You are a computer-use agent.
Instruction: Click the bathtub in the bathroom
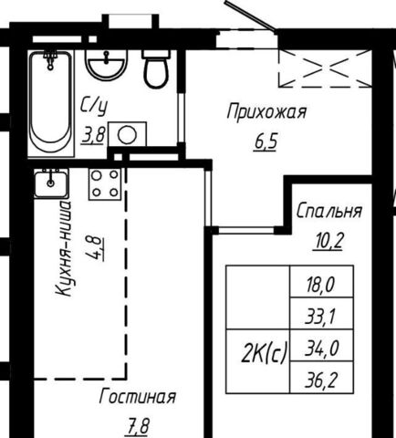pos(51,103)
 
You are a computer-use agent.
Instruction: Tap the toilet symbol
pos(156,69)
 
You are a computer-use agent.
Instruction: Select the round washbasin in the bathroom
pos(106,64)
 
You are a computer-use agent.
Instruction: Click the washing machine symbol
pos(127,134)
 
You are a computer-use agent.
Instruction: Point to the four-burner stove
pos(105,183)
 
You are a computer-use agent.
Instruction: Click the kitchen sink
pos(51,183)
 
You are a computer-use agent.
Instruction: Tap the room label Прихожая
pos(266,112)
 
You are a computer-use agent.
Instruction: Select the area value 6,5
pos(266,142)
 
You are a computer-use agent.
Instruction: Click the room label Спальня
pos(329,211)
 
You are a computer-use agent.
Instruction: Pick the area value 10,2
pos(329,241)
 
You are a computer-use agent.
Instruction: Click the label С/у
pos(94,107)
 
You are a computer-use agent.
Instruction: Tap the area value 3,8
pos(94,136)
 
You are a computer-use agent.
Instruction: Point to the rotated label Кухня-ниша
pos(64,248)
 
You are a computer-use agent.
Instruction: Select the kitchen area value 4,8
pos(96,248)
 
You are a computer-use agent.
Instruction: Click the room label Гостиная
pos(138,397)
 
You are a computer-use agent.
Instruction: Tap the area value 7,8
pos(138,426)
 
